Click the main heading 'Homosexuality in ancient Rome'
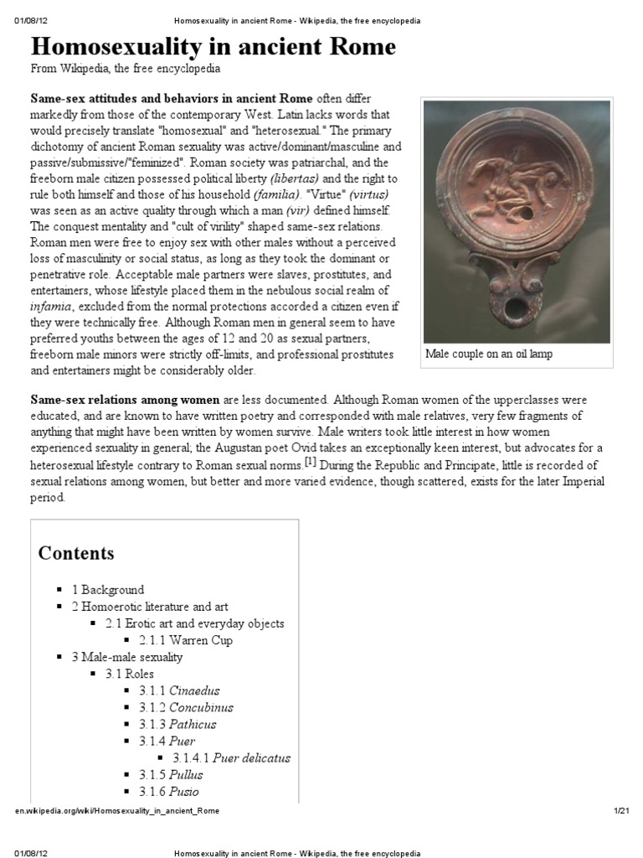coord(213,46)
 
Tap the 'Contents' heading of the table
coord(76,553)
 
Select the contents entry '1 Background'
coord(108,590)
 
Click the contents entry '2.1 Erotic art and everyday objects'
coord(194,623)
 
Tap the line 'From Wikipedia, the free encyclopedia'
coord(126,69)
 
